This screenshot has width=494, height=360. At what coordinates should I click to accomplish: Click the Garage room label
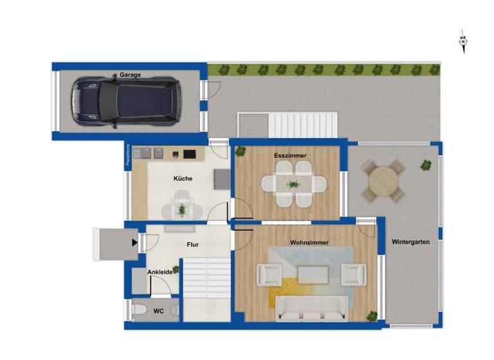click(130, 75)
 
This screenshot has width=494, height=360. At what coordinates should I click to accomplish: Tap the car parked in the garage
click(125, 100)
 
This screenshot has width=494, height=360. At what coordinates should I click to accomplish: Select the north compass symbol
click(462, 42)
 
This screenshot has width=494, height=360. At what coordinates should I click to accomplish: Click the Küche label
click(183, 178)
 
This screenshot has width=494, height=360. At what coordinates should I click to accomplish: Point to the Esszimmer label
click(290, 156)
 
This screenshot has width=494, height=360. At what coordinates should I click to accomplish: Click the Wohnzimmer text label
click(309, 242)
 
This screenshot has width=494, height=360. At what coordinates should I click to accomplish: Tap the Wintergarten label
click(410, 242)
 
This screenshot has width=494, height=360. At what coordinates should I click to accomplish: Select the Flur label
click(192, 245)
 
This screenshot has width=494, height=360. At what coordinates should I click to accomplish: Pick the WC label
click(158, 311)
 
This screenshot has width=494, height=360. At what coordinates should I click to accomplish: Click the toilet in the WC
click(136, 311)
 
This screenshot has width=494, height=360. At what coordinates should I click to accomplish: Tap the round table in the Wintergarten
click(384, 182)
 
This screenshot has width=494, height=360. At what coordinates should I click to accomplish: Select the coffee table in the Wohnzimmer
click(313, 275)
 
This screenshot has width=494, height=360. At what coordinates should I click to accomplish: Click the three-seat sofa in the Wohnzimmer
click(312, 309)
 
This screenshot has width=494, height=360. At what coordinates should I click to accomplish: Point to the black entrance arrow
click(134, 242)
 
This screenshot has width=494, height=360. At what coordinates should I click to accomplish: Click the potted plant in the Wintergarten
click(426, 165)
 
